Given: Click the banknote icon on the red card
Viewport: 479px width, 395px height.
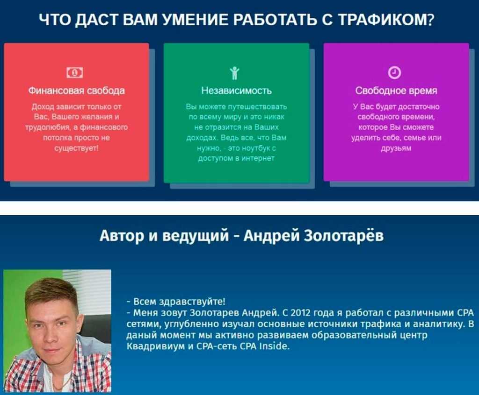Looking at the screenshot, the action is [74, 72].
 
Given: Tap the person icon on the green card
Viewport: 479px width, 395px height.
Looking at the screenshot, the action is [235, 73].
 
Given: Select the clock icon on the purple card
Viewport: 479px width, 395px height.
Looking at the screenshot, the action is [394, 72].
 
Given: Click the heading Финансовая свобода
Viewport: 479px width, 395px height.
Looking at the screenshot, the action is [76, 91].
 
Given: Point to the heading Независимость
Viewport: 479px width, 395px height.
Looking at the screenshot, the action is [236, 91].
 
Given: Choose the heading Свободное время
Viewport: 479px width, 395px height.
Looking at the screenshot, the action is [396, 91].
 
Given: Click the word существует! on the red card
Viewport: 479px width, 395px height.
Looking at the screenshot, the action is [76, 148].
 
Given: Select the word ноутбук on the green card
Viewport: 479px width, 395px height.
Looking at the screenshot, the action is [255, 148].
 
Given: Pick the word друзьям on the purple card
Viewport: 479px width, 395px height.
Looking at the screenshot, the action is [396, 148].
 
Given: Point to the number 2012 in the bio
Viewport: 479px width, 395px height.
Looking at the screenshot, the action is [301, 313].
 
